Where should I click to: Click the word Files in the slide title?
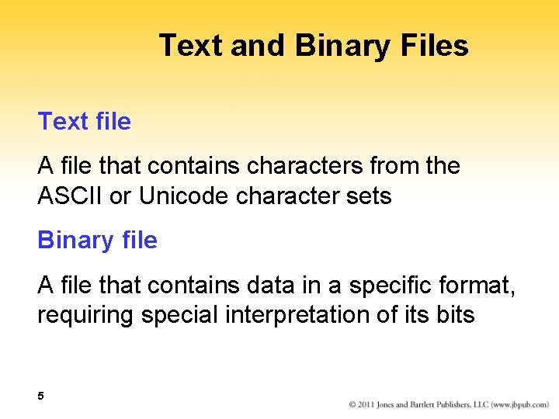[x=436, y=46]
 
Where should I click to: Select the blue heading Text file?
[x=85, y=122]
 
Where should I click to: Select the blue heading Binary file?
[x=97, y=241]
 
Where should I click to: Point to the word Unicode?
[x=183, y=196]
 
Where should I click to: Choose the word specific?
[x=392, y=286]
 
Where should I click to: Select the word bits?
[x=455, y=315]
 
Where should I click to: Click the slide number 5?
[x=41, y=396]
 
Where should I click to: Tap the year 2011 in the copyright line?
[x=369, y=405]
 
